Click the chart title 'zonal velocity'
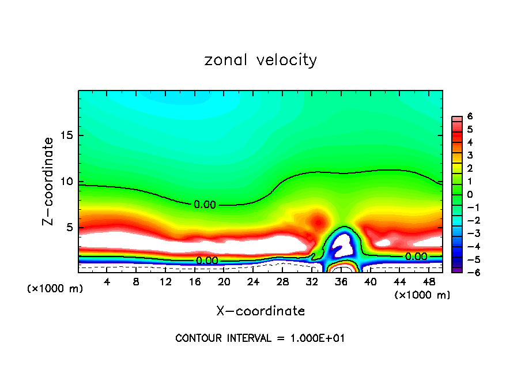click(x=260, y=60)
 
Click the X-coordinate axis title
click(x=260, y=311)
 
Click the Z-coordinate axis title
click(x=48, y=181)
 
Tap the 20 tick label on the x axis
click(x=224, y=282)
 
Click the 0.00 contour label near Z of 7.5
click(x=205, y=204)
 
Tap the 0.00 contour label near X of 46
click(x=416, y=257)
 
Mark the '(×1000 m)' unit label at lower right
click(x=422, y=295)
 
